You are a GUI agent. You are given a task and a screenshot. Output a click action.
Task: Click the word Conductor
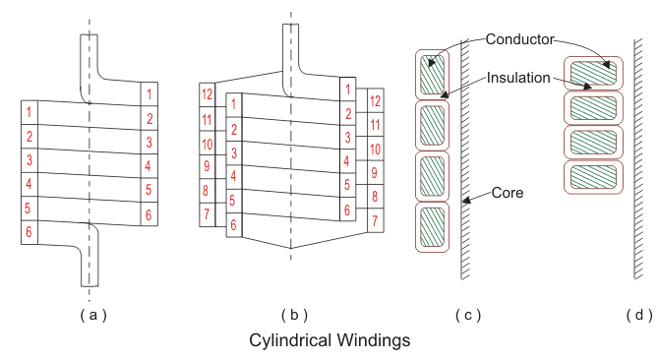click(520, 39)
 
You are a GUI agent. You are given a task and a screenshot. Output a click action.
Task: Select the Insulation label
click(518, 78)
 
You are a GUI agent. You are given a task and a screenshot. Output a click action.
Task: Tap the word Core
click(508, 193)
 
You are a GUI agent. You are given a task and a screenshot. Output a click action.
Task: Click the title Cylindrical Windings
click(329, 340)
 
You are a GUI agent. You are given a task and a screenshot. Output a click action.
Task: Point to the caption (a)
click(93, 315)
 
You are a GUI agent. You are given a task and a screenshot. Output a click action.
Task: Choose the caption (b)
click(294, 315)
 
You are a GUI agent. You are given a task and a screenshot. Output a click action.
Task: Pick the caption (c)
click(468, 315)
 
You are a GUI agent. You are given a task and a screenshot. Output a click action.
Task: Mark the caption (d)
click(639, 315)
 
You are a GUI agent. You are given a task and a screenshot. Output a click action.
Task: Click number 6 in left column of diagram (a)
click(29, 232)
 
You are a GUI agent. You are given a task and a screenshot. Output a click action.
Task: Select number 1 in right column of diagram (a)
click(150, 93)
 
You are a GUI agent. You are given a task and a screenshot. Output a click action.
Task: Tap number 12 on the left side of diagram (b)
click(207, 94)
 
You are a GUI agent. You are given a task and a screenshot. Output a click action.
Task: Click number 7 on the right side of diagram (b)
click(375, 220)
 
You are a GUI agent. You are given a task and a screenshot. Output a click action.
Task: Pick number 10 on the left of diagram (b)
click(207, 144)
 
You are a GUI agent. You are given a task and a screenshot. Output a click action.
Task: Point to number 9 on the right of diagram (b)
click(375, 173)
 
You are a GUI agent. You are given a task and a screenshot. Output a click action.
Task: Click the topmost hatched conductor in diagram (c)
click(432, 75)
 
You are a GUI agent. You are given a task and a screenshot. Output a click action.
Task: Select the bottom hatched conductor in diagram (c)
click(432, 226)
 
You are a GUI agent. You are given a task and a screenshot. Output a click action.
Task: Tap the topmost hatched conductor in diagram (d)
click(593, 73)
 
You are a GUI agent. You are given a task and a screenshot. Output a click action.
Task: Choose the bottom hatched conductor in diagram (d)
click(593, 177)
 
